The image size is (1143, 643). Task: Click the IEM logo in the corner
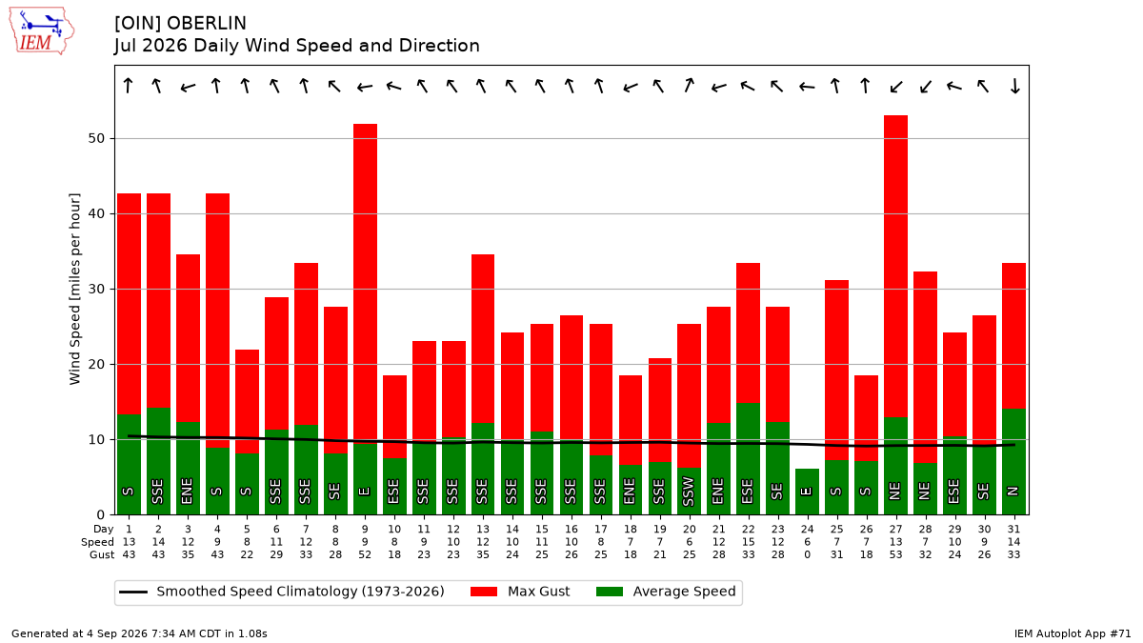coord(42,31)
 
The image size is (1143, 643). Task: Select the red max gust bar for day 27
coord(895,267)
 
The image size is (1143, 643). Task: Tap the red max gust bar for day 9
coord(365,283)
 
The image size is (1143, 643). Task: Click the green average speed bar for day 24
coord(807,492)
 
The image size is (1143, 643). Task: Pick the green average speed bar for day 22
coord(748,459)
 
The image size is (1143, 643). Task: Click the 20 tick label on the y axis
coord(96,364)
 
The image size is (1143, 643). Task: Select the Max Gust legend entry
coord(520,592)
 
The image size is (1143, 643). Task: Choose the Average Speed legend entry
coord(666,592)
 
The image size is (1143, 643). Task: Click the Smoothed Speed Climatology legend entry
coord(282,592)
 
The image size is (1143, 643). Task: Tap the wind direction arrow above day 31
coord(1014,86)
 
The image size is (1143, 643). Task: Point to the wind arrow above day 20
coord(689,85)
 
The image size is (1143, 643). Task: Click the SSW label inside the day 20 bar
coord(689,492)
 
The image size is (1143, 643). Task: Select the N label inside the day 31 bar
coord(1013,492)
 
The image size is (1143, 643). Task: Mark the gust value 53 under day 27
coord(895,554)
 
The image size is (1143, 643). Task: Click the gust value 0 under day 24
coord(808,554)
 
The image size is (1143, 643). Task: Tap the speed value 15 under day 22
coord(748,542)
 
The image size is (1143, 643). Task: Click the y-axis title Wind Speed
coord(74,289)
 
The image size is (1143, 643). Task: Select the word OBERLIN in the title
coord(206,24)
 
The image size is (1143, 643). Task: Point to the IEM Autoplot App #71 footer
coord(1073,633)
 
